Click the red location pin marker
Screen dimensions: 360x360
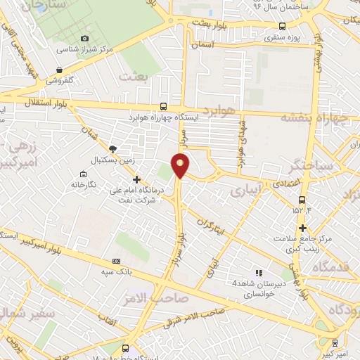click(x=181, y=166)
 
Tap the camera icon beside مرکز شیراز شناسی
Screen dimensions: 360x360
click(x=85, y=38)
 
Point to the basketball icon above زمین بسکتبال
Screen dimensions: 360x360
click(x=112, y=148)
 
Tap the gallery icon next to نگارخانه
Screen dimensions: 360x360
click(x=84, y=174)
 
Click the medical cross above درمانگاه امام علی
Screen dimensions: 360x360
click(x=136, y=179)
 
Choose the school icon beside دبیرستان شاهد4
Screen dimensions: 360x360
click(x=259, y=273)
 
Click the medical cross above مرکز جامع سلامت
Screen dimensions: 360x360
click(x=302, y=228)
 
